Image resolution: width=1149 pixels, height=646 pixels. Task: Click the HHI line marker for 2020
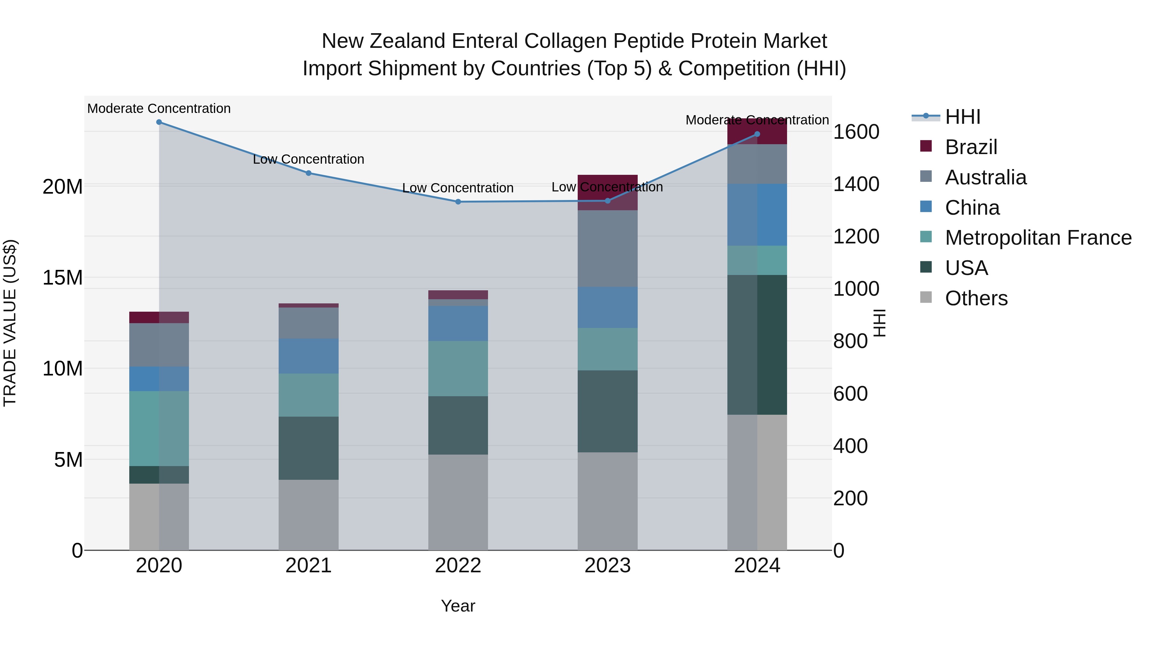[159, 122]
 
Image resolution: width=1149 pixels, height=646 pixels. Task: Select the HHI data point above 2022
[458, 202]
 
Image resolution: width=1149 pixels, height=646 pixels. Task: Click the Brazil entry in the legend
[971, 147]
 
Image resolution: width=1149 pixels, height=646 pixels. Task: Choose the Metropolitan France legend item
[1038, 238]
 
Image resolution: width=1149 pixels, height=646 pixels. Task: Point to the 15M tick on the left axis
[63, 278]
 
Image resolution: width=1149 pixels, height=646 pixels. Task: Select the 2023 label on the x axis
[607, 566]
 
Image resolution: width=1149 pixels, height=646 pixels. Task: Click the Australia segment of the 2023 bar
[607, 248]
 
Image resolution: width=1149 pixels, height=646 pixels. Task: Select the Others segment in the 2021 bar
[308, 515]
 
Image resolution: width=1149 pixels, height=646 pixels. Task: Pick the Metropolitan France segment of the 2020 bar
[159, 428]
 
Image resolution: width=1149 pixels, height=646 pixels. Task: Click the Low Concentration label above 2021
[308, 159]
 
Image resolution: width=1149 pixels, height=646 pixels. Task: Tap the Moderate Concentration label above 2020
[159, 108]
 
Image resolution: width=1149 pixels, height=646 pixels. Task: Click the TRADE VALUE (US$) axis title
[10, 323]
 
